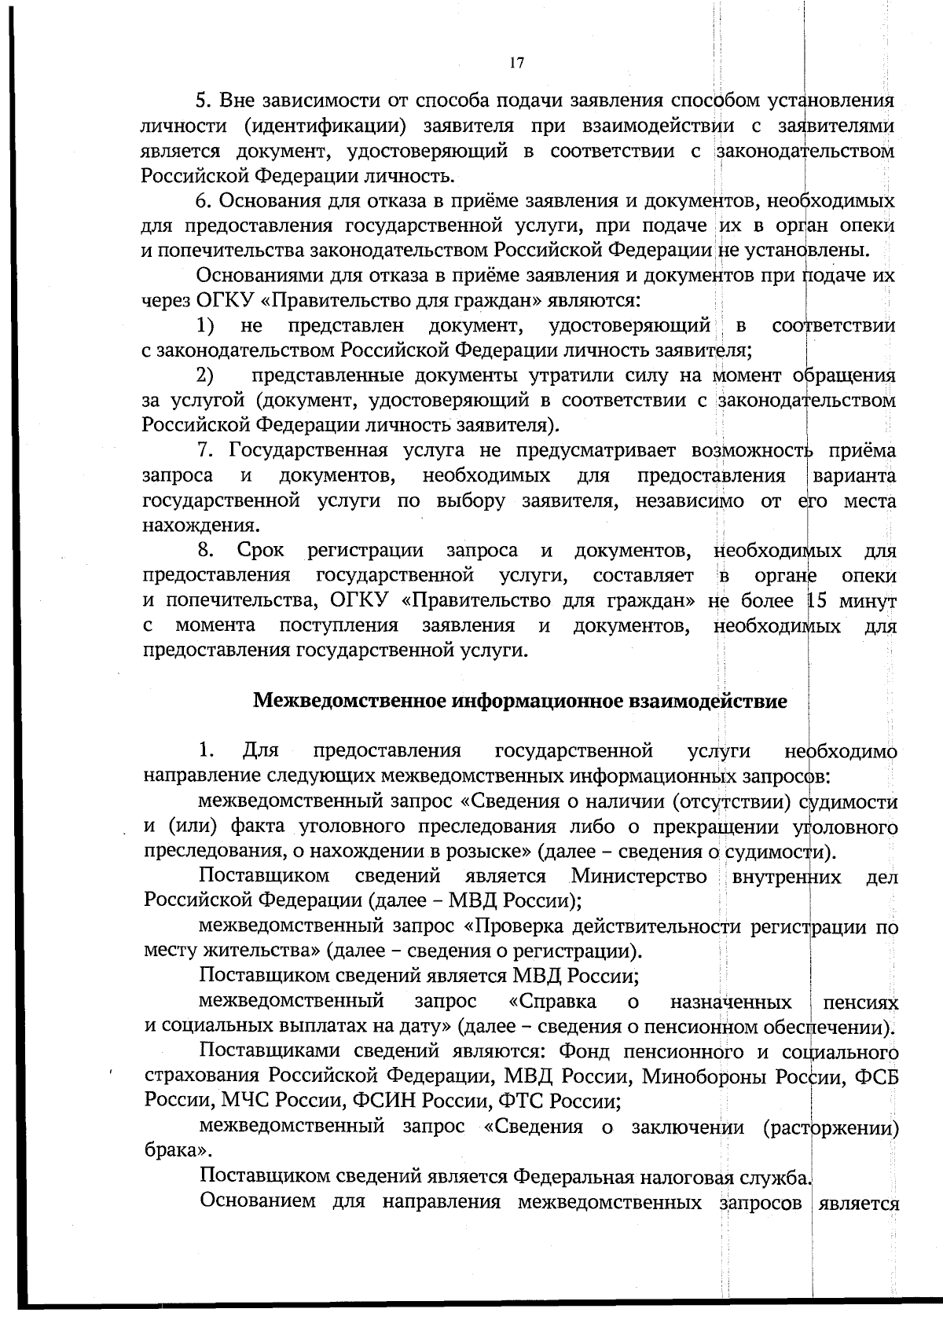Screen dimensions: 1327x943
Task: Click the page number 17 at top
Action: (x=516, y=64)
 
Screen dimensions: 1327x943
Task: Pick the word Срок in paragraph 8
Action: (x=261, y=551)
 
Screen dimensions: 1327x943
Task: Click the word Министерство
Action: (x=639, y=876)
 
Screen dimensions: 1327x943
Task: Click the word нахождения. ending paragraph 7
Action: (x=188, y=526)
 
